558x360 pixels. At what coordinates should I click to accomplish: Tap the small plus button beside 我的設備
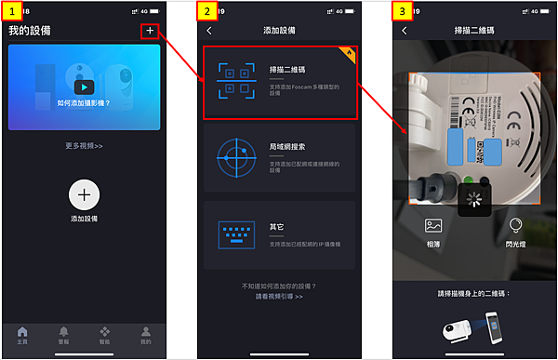(x=150, y=31)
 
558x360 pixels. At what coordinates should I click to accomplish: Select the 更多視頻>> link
(x=84, y=146)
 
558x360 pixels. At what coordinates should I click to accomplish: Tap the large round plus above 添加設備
(x=84, y=194)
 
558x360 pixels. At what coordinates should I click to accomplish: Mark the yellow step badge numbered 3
(x=403, y=12)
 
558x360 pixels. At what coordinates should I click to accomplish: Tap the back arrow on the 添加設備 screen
(x=209, y=31)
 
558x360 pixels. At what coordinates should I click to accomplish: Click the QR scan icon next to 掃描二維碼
(x=233, y=81)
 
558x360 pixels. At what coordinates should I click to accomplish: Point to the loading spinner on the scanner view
(x=474, y=199)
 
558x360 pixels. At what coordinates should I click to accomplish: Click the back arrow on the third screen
(x=404, y=31)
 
